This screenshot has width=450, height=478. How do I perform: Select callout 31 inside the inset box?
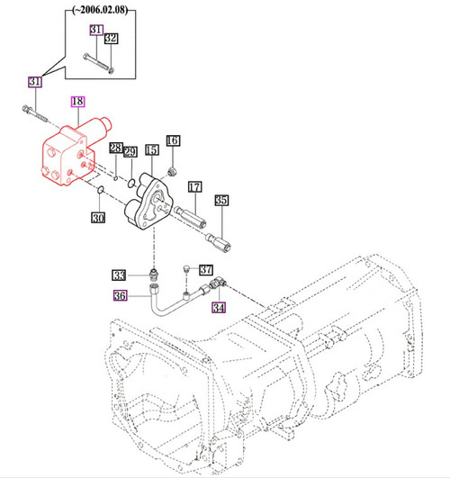[95, 31]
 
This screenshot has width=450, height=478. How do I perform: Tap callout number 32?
[111, 38]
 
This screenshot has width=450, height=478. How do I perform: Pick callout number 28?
[116, 148]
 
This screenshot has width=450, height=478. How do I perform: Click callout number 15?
[151, 150]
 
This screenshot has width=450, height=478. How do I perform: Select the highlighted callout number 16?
[172, 140]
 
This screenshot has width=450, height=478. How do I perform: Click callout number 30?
[99, 216]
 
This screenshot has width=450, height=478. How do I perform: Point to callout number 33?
[120, 275]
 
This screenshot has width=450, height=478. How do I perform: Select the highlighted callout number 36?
[120, 295]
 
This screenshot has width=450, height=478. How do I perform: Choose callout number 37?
[206, 269]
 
